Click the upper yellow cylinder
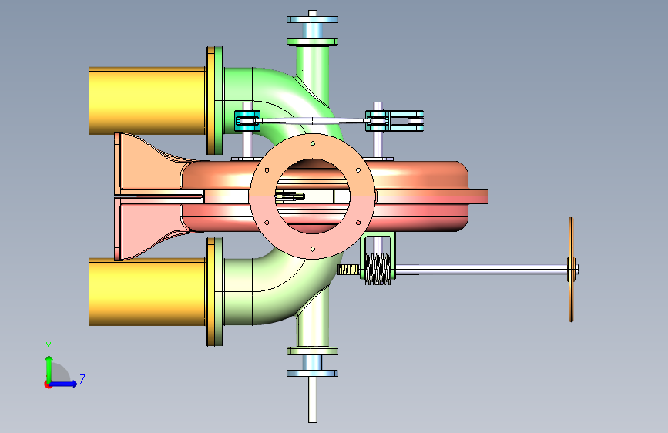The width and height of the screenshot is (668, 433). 147,101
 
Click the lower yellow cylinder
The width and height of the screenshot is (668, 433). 147,291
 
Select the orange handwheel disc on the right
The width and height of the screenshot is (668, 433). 571,270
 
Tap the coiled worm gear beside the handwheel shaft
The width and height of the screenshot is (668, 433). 378,269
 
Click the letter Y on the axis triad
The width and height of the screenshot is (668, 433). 49,346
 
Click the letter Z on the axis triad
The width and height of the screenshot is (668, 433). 82,379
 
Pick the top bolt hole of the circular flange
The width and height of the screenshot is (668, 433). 313,143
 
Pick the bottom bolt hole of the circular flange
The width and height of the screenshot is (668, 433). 313,249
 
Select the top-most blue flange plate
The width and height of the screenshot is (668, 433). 313,19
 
